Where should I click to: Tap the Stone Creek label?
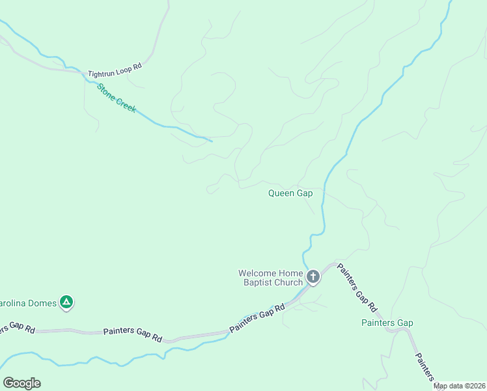click(x=117, y=98)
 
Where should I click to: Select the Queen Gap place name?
click(x=290, y=193)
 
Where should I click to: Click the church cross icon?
click(x=313, y=278)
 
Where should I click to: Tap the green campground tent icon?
click(x=66, y=302)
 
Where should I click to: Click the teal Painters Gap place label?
click(x=387, y=323)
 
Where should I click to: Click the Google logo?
click(x=21, y=383)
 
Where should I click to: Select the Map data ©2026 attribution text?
click(x=459, y=386)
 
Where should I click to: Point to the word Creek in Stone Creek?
click(x=125, y=105)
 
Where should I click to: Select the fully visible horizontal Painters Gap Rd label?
click(x=132, y=333)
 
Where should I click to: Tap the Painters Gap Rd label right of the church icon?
click(x=357, y=287)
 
